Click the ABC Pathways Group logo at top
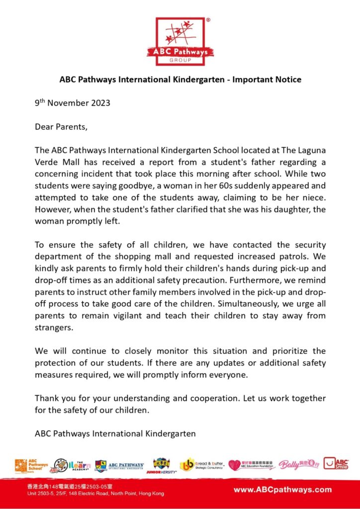click(x=180, y=41)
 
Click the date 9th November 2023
click(x=73, y=103)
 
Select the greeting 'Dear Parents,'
click(x=61, y=127)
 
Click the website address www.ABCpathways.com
click(x=282, y=490)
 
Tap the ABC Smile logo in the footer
click(x=336, y=464)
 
